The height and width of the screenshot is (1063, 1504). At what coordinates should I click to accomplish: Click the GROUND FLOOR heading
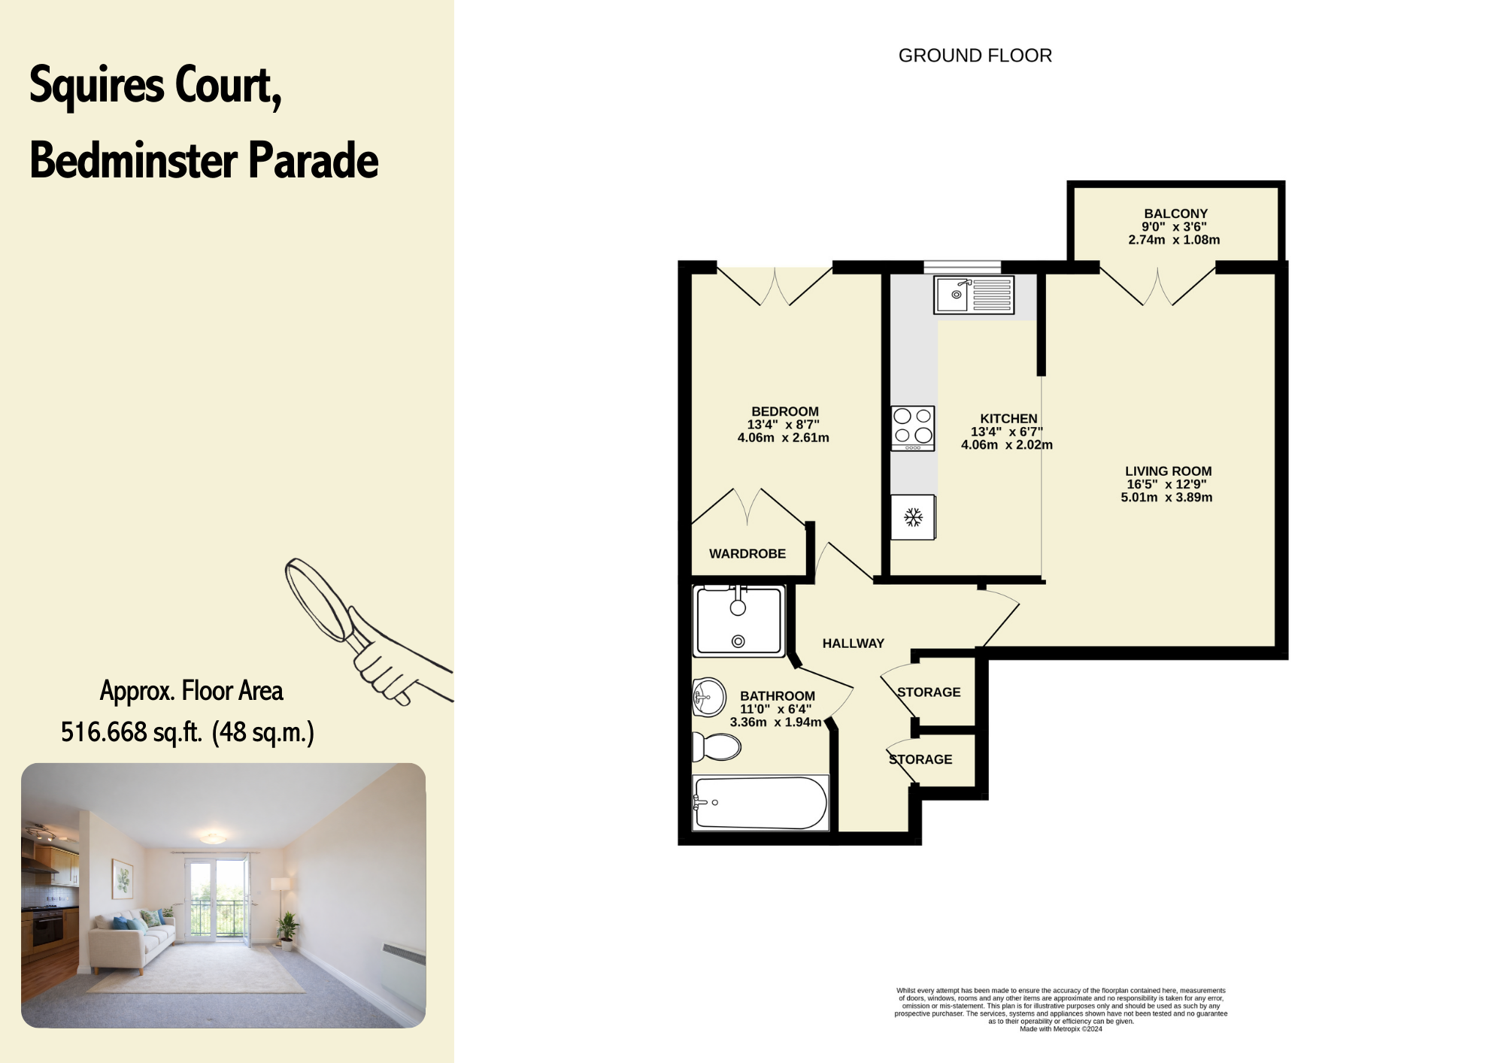click(975, 56)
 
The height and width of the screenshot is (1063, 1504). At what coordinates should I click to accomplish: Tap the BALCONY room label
click(1175, 214)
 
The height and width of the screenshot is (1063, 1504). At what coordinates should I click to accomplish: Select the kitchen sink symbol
click(974, 295)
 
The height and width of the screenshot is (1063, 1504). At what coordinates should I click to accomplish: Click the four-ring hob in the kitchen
click(913, 428)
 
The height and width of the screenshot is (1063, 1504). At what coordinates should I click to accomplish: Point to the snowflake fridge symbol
click(913, 517)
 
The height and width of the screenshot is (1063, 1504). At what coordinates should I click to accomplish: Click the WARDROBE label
click(747, 554)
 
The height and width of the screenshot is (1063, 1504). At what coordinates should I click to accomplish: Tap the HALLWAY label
click(853, 644)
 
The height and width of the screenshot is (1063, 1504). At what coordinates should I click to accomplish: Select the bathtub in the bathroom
click(760, 803)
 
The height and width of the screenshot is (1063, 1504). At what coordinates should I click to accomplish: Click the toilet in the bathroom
click(716, 747)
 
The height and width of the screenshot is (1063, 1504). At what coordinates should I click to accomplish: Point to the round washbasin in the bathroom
click(708, 697)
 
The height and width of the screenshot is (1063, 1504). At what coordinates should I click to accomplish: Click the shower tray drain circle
click(738, 641)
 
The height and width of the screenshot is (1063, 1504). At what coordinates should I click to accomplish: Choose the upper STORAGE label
click(929, 692)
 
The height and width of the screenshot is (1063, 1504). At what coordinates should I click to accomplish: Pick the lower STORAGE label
click(920, 760)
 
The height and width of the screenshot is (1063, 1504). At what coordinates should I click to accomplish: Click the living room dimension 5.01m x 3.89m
click(1166, 498)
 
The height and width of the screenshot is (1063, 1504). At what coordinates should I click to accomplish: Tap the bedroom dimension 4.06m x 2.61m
click(783, 438)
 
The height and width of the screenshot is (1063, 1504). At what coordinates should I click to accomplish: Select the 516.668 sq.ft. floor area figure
click(132, 732)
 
